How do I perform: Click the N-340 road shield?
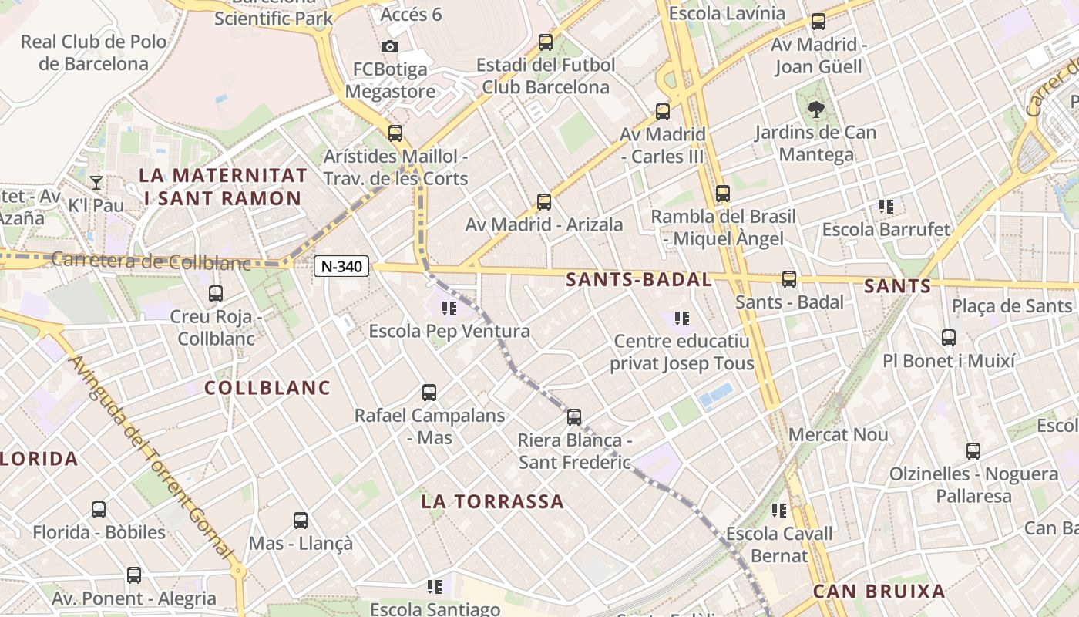pyautogui.click(x=341, y=267)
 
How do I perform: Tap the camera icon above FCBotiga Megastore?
pyautogui.click(x=390, y=46)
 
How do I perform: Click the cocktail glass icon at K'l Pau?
pyautogui.click(x=96, y=183)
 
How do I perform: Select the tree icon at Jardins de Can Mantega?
pyautogui.click(x=815, y=110)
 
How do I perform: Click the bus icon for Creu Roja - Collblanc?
pyautogui.click(x=216, y=294)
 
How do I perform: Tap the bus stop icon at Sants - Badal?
pyautogui.click(x=788, y=279)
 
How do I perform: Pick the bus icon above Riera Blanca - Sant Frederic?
pyautogui.click(x=574, y=417)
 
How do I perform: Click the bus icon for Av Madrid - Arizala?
pyautogui.click(x=544, y=202)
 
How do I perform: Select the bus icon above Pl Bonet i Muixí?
pyautogui.click(x=949, y=338)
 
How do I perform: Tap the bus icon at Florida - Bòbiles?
pyautogui.click(x=99, y=510)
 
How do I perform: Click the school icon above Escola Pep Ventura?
pyautogui.click(x=449, y=309)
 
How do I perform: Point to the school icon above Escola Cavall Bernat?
pyautogui.click(x=779, y=511)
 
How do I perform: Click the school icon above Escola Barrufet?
pyautogui.click(x=886, y=207)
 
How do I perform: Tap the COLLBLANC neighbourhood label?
pyautogui.click(x=267, y=388)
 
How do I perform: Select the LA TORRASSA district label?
pyautogui.click(x=492, y=502)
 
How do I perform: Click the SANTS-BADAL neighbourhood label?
pyautogui.click(x=638, y=280)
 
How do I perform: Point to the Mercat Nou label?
pyautogui.click(x=838, y=435)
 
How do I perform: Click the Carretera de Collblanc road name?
pyautogui.click(x=151, y=261)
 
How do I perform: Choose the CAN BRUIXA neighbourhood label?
pyautogui.click(x=879, y=592)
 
